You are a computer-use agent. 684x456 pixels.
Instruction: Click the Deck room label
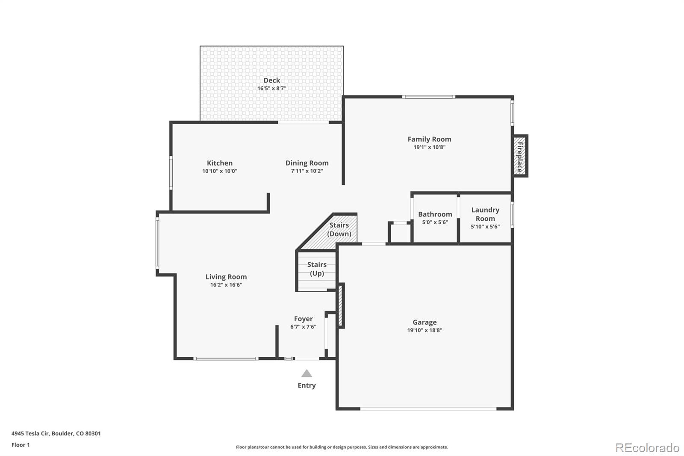(x=272, y=80)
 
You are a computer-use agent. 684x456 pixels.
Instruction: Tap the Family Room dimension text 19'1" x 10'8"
(x=429, y=147)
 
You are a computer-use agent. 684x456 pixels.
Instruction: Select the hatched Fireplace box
(x=520, y=156)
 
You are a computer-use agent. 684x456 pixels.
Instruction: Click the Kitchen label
(x=220, y=163)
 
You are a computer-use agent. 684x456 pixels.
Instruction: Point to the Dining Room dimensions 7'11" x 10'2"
(x=307, y=171)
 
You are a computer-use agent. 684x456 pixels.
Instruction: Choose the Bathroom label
(x=435, y=214)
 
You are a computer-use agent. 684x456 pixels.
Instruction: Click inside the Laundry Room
(x=485, y=218)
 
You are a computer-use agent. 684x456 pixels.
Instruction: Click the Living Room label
(x=226, y=277)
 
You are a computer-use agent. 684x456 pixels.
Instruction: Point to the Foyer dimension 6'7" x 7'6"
(x=303, y=327)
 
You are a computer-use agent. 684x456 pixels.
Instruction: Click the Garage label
(x=425, y=322)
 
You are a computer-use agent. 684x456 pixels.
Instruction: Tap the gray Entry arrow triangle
(x=307, y=373)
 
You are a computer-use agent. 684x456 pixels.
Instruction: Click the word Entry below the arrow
(x=307, y=385)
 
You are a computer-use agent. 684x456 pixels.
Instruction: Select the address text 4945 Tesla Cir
(x=30, y=433)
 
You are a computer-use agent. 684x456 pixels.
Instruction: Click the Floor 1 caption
(x=21, y=445)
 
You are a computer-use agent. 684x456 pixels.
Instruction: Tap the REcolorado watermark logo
(x=647, y=448)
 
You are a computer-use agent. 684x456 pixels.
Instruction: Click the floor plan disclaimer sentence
(x=342, y=447)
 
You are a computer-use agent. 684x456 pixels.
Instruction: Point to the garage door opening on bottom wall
(x=428, y=409)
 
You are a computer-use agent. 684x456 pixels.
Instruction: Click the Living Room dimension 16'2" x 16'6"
(x=226, y=285)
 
